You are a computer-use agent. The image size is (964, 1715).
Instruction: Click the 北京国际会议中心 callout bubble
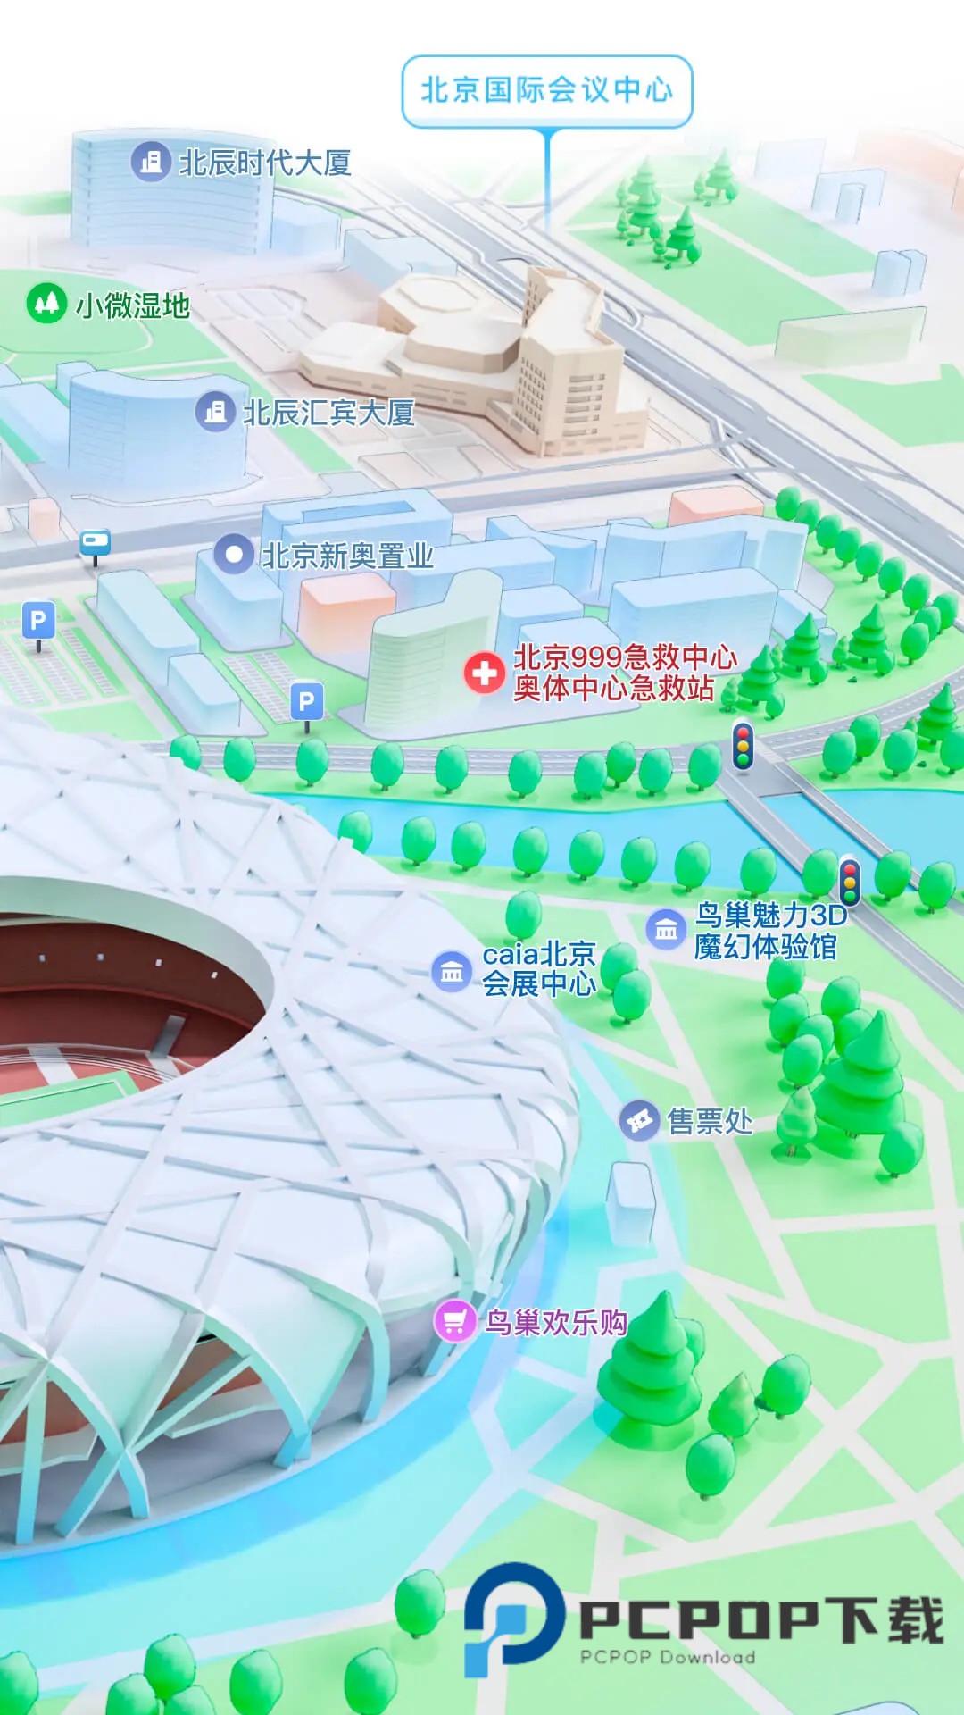click(547, 90)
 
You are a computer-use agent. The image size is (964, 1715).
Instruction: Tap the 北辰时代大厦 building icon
click(152, 162)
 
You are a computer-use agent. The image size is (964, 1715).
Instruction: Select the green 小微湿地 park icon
click(46, 304)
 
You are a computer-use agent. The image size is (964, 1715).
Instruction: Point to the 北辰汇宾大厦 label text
click(328, 413)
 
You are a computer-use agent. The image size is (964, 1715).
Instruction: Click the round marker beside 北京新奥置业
click(234, 554)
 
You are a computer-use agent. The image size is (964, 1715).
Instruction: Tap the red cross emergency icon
click(485, 672)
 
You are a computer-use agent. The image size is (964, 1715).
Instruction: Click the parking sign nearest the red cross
click(307, 702)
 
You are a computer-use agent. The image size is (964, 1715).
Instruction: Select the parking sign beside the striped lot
click(38, 620)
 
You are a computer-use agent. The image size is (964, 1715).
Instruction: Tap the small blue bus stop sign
click(96, 542)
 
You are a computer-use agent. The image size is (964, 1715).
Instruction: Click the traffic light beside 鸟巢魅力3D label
click(850, 880)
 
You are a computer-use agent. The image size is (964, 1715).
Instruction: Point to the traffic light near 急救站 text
click(743, 744)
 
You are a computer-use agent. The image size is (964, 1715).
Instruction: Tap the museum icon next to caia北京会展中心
click(452, 971)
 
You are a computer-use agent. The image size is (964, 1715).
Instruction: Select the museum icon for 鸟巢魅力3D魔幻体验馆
click(666, 929)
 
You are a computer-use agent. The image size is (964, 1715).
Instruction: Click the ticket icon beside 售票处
click(640, 1120)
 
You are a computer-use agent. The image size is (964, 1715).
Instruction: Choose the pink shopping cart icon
click(454, 1321)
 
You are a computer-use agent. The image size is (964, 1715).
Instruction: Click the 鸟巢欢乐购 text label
click(555, 1322)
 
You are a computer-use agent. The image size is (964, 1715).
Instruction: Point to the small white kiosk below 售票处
click(631, 1202)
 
